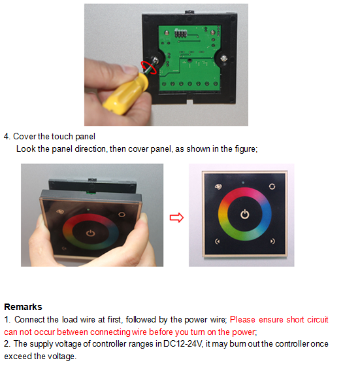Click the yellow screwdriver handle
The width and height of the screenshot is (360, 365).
pyautogui.click(x=125, y=94)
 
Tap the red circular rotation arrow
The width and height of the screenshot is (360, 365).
pyautogui.click(x=149, y=67)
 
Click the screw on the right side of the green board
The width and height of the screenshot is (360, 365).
pyautogui.click(x=223, y=58)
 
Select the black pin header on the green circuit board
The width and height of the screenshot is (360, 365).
pyautogui.click(x=180, y=33)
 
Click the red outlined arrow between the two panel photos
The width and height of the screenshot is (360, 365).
pyautogui.click(x=176, y=218)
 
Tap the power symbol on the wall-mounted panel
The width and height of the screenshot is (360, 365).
pyautogui.click(x=245, y=214)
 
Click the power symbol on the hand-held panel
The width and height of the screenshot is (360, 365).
pyautogui.click(x=90, y=233)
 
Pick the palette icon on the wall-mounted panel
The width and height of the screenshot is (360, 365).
pyautogui.click(x=218, y=186)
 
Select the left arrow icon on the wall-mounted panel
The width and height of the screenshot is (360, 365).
pyautogui.click(x=217, y=241)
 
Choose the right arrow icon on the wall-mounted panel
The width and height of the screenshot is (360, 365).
pyautogui.click(x=272, y=241)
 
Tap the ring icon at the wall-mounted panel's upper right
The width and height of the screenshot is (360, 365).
pyautogui.click(x=272, y=186)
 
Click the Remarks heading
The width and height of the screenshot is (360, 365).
pyautogui.click(x=23, y=307)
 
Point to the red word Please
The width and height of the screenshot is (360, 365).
pyautogui.click(x=242, y=320)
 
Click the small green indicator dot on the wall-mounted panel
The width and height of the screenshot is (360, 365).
pyautogui.click(x=243, y=183)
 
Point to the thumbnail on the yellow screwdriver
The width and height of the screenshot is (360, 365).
pyautogui.click(x=129, y=69)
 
